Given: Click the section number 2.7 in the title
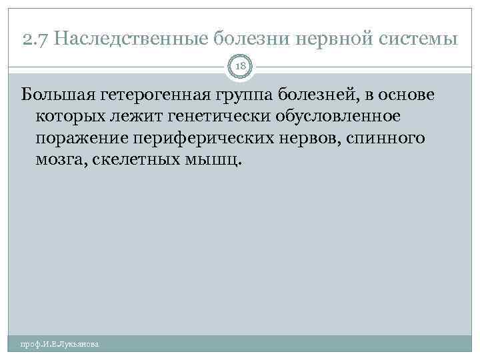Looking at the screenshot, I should pyautogui.click(x=34, y=39).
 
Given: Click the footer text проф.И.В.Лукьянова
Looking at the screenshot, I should pyautogui.click(x=59, y=345).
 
